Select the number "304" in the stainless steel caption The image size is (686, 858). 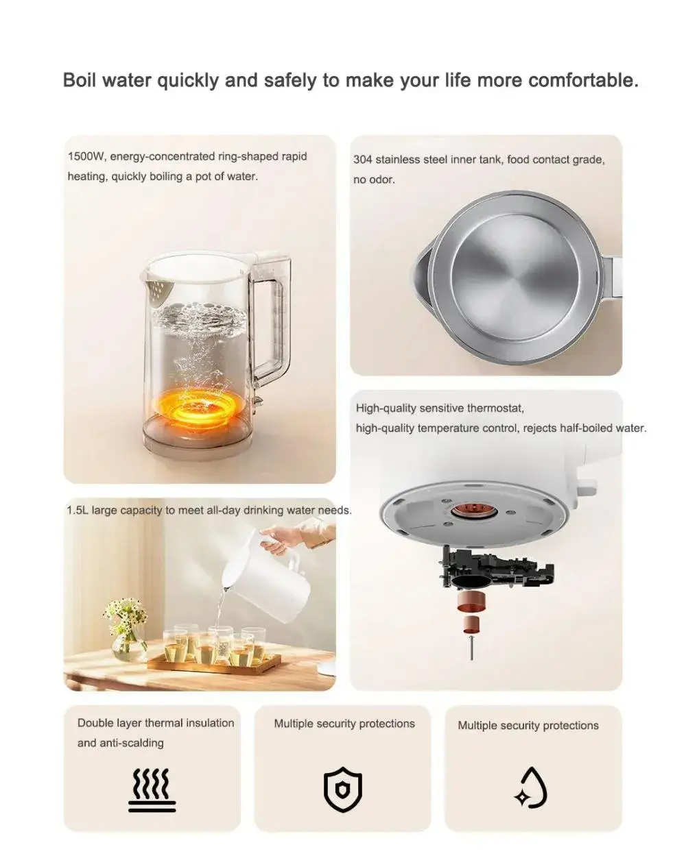(x=363, y=160)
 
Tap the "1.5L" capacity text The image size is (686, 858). (x=77, y=511)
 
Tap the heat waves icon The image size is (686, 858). (x=152, y=790)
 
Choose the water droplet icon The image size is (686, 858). (x=531, y=788)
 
